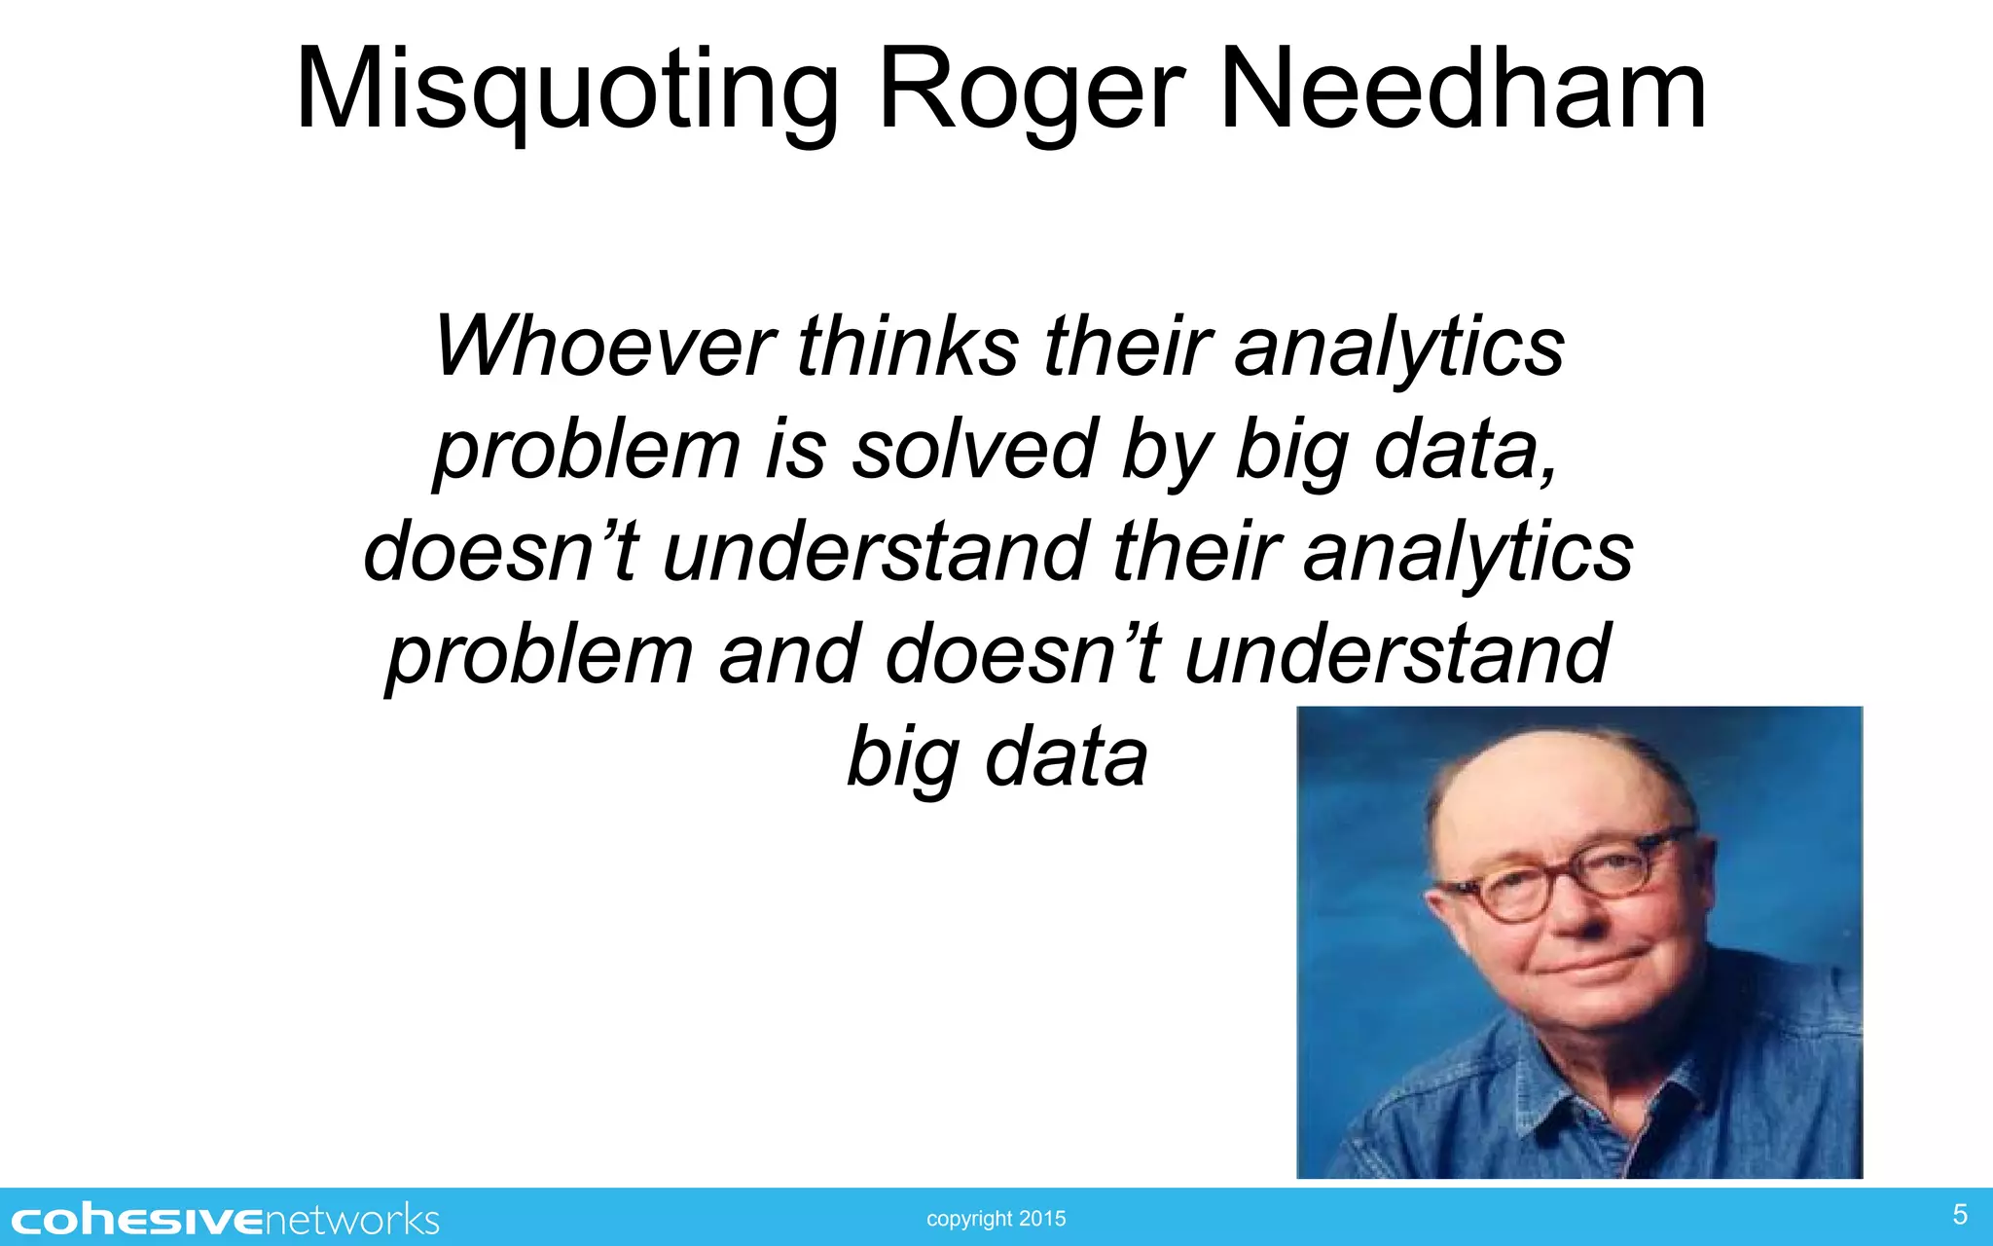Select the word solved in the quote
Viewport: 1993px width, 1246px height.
[x=974, y=450]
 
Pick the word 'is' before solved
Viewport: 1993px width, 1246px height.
[x=796, y=450]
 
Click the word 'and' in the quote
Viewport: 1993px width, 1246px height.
[x=789, y=654]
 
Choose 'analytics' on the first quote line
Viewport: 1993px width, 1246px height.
[x=1398, y=348]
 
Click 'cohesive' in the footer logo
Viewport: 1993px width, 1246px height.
[x=137, y=1221]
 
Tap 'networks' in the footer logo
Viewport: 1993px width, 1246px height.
[x=351, y=1221]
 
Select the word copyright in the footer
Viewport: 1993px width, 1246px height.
[x=969, y=1219]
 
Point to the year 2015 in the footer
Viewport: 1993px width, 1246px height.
[x=1042, y=1219]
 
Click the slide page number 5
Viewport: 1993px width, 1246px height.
[x=1960, y=1214]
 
